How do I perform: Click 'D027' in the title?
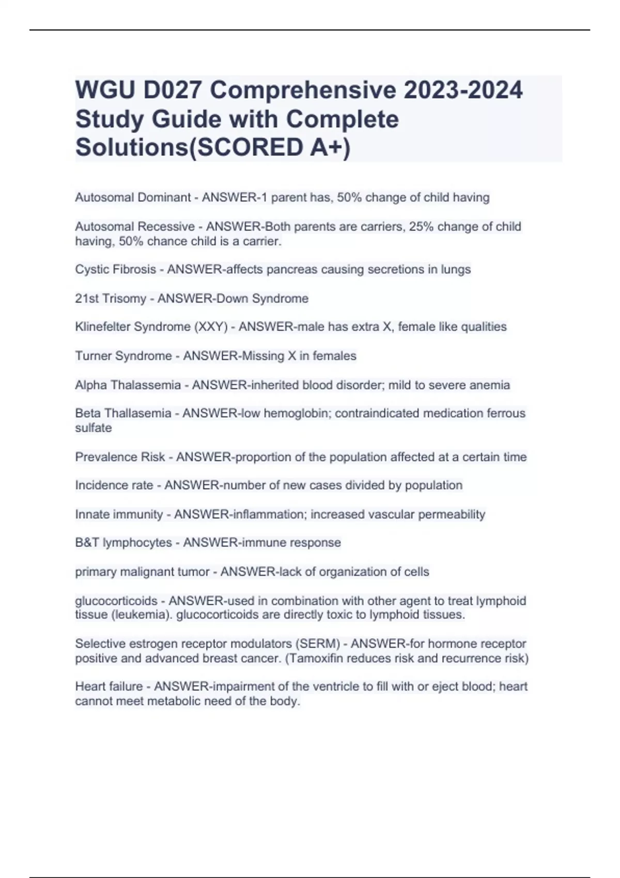(x=164, y=90)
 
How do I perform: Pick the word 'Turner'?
(x=94, y=356)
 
